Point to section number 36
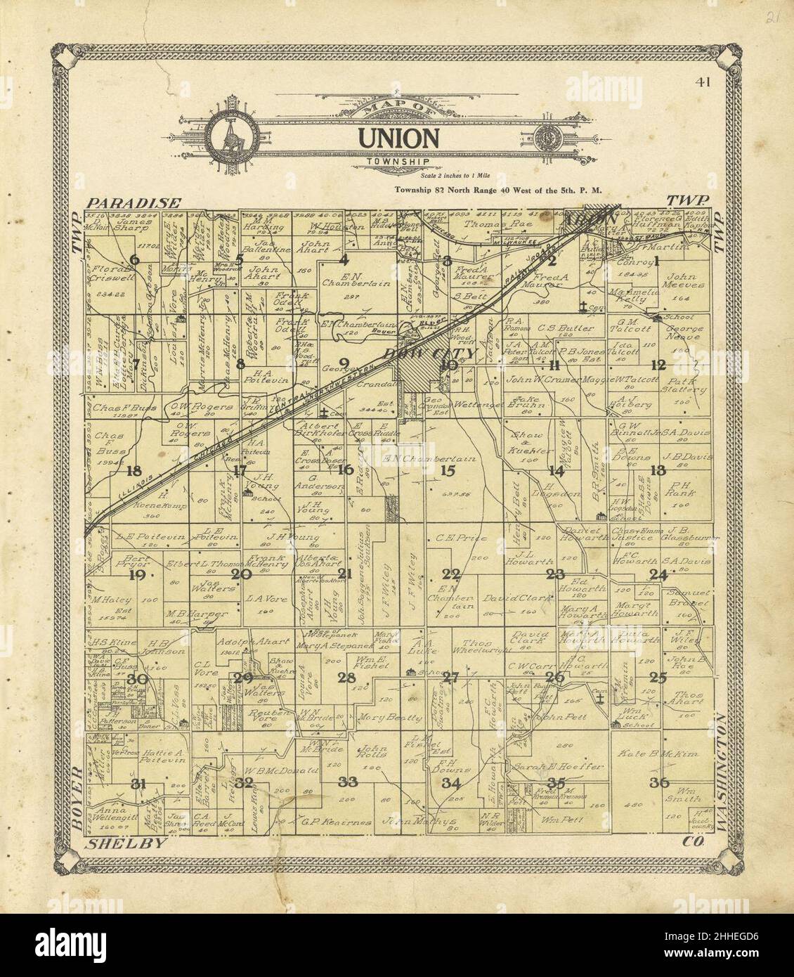pos(659,782)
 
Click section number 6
pos(134,259)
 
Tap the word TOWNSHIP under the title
pos(397,162)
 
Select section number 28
pos(346,678)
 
